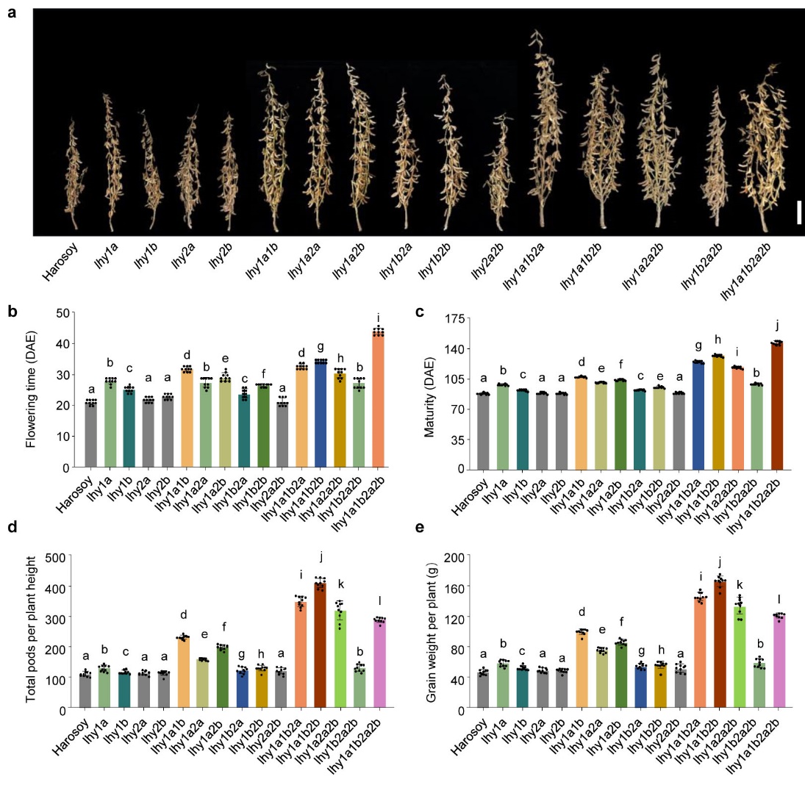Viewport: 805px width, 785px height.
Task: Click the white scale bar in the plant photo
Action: pos(797,212)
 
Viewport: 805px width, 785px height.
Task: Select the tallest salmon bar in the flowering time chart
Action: pos(378,399)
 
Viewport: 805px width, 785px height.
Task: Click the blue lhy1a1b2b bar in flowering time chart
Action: pos(321,413)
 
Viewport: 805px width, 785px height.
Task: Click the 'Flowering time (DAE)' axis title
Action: pos(31,390)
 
